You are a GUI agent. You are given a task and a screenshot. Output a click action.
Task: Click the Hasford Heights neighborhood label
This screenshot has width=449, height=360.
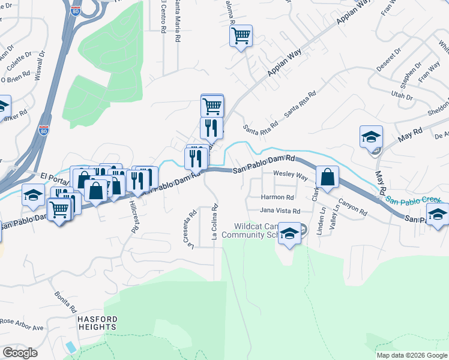(97, 323)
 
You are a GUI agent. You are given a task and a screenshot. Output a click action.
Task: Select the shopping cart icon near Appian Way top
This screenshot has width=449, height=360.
(241, 36)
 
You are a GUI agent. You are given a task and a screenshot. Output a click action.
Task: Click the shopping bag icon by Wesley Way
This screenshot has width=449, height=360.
(327, 178)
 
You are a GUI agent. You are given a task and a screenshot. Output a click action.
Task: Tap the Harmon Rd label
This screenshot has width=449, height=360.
(277, 197)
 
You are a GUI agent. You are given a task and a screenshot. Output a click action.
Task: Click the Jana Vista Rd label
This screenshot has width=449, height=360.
(279, 211)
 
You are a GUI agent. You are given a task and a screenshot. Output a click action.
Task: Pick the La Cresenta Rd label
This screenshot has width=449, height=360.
(193, 229)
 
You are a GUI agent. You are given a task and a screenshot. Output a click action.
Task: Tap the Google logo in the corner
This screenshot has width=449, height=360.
(19, 353)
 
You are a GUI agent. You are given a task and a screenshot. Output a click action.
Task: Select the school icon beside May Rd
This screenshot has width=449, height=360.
(372, 137)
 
